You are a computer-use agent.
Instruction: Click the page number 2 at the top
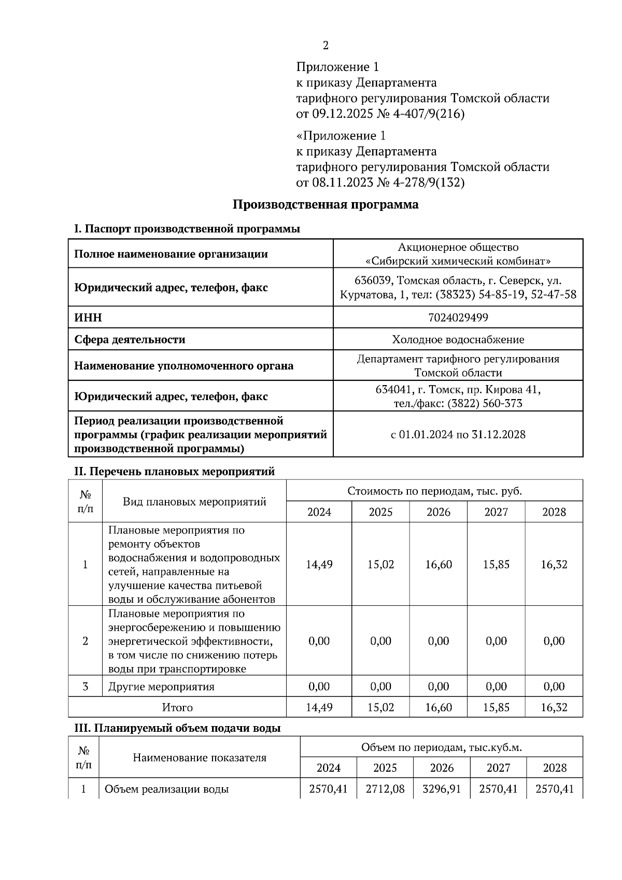[326, 46]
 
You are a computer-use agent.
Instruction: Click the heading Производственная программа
[325, 204]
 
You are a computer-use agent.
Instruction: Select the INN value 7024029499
[458, 317]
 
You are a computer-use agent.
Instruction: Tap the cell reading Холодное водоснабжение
[458, 339]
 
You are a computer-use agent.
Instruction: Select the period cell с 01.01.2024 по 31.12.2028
[458, 434]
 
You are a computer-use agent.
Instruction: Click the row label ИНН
[88, 317]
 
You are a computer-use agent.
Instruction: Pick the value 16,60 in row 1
[438, 564]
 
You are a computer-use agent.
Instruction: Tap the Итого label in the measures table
[177, 707]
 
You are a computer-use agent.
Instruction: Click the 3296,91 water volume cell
[442, 789]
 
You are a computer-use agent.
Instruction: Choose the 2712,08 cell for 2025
[385, 789]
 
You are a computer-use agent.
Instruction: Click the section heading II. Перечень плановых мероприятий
[174, 472]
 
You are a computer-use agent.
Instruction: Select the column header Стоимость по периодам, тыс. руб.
[434, 491]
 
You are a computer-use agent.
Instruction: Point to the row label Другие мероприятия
[161, 687]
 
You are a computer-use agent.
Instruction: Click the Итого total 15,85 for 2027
[496, 707]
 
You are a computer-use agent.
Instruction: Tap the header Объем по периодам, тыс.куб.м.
[441, 747]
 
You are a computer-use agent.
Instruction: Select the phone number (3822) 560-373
[485, 403]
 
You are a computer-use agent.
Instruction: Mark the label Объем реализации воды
[166, 789]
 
